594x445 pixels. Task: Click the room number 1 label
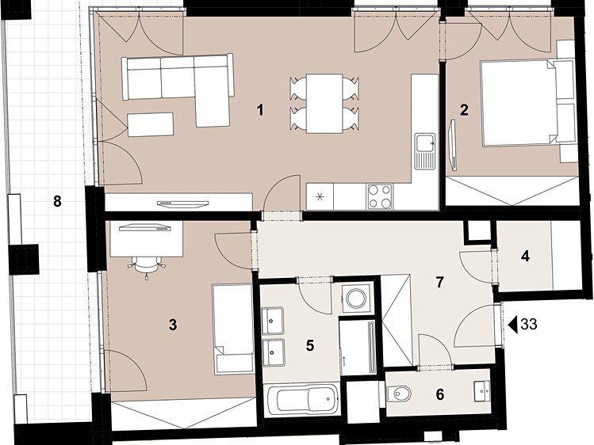pos(260,110)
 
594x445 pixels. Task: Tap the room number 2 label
pos(464,110)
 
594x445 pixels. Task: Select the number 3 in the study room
pos(173,325)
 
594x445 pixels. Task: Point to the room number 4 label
pos(525,257)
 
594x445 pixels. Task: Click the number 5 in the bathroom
pos(310,345)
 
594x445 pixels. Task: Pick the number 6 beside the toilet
pos(440,394)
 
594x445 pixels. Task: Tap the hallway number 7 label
pos(439,282)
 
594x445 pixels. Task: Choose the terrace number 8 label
pos(57,201)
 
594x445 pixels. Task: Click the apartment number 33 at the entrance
pos(529,325)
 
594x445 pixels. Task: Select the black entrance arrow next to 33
pos(513,325)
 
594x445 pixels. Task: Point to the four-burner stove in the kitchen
pos(380,196)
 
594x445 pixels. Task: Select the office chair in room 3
pos(147,265)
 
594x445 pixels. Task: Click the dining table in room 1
pos(324,104)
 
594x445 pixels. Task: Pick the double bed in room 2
pos(518,103)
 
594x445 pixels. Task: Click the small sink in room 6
pos(482,391)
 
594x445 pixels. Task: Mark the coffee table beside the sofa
pos(151,124)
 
